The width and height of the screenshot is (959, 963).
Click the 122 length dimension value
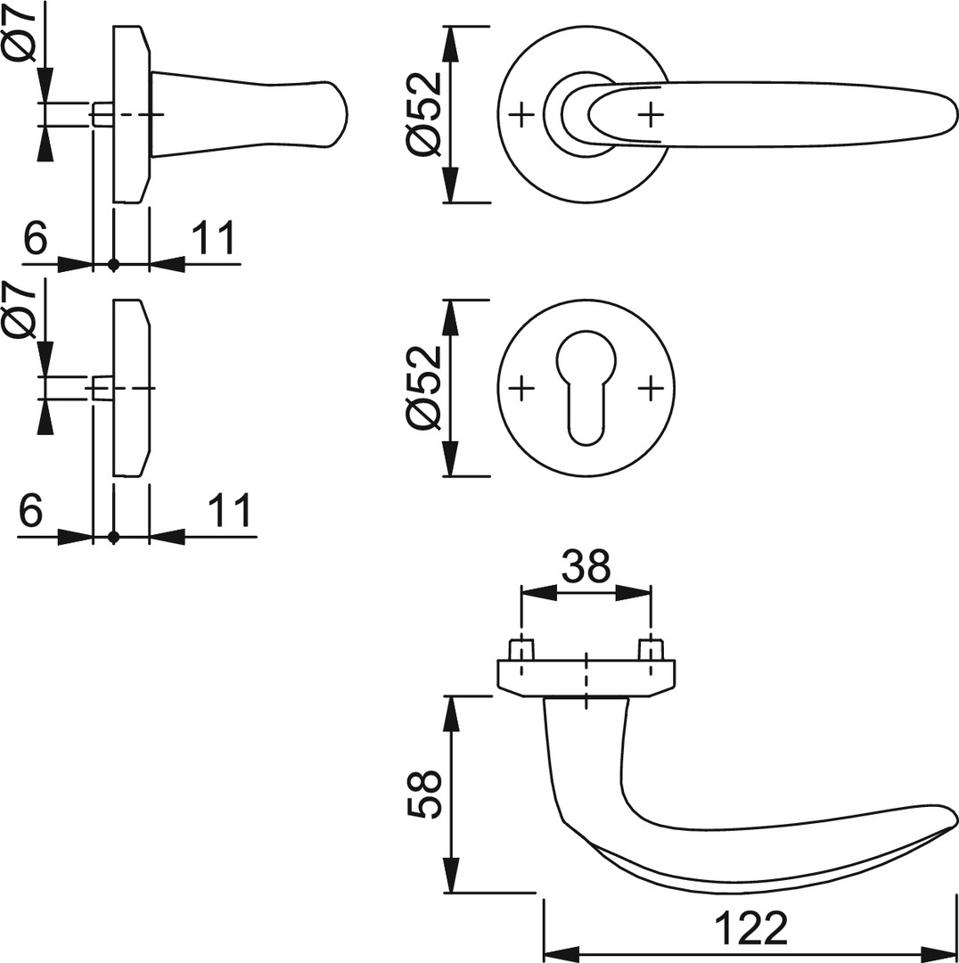coord(751,928)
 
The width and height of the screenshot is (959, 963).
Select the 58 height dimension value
coord(423,794)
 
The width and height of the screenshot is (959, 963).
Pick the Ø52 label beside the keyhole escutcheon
coord(423,388)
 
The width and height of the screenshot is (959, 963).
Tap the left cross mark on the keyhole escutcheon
coord(521,388)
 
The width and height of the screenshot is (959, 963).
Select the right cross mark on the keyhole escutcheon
coord(652,388)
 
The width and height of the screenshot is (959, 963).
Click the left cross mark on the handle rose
coord(521,114)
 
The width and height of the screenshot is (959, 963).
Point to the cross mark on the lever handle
coord(652,114)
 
